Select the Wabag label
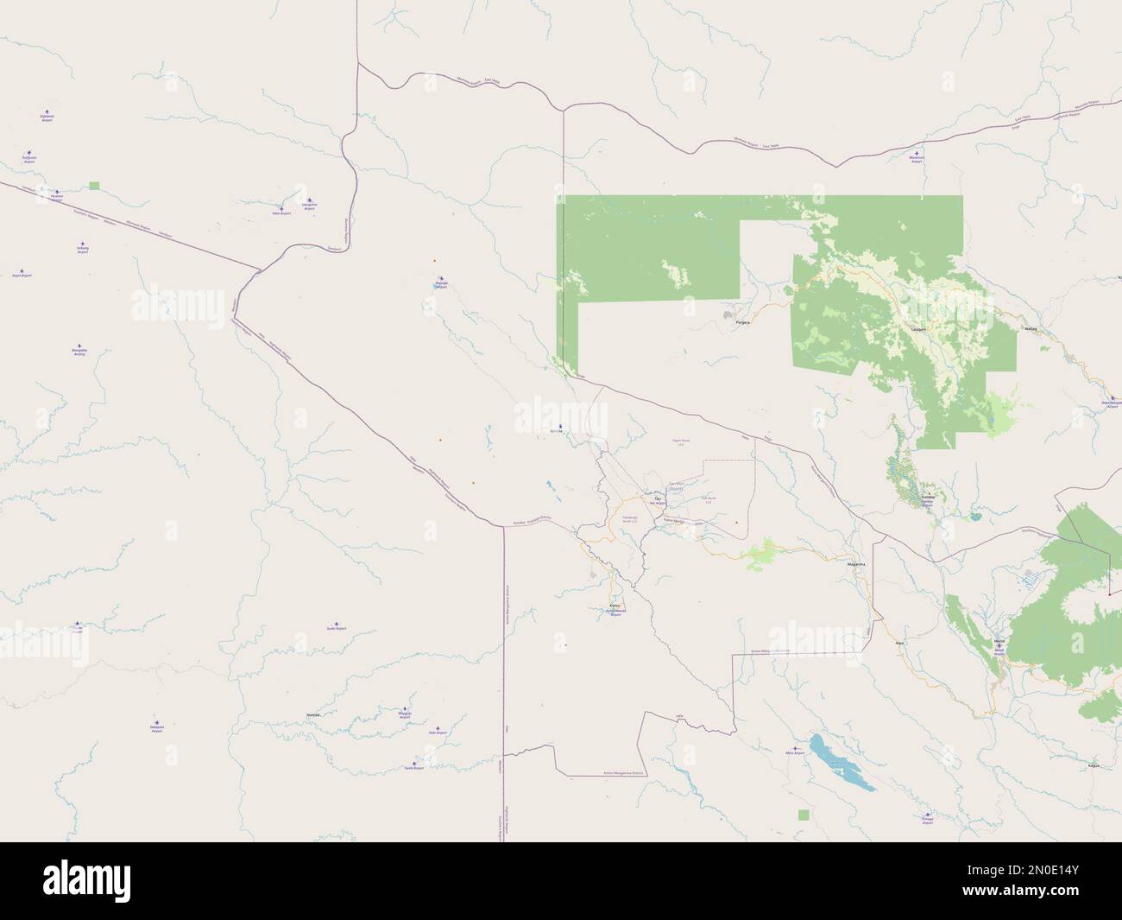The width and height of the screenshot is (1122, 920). click(x=1029, y=329)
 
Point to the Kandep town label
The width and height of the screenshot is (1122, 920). click(x=929, y=498)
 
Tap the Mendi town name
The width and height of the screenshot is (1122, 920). click(x=999, y=640)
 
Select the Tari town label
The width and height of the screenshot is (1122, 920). click(x=658, y=499)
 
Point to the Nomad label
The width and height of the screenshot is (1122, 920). click(x=314, y=715)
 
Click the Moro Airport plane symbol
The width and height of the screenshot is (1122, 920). click(x=796, y=748)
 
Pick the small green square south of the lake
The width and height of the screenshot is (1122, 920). click(x=804, y=814)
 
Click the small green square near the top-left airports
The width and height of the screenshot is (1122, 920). click(x=94, y=185)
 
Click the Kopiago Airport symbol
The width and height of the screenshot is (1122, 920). click(x=441, y=281)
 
